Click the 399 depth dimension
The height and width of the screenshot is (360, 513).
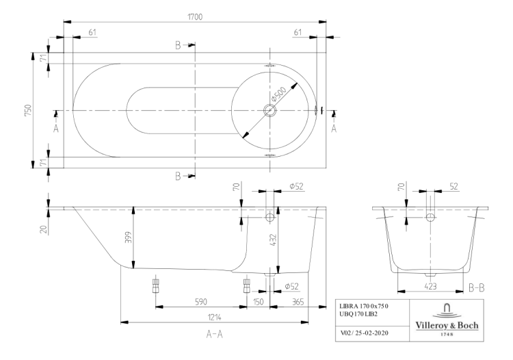pos(127,237)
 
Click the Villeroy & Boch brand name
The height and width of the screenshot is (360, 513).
pos(448,324)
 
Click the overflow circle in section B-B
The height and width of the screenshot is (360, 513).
pos(430,217)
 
